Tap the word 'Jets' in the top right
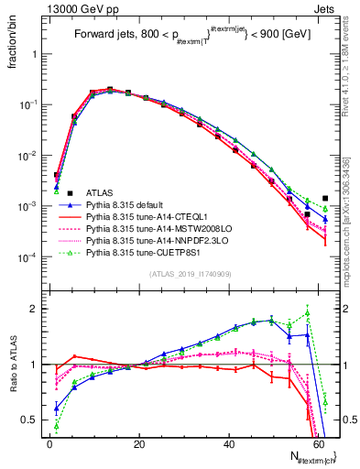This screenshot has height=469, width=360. click(327, 8)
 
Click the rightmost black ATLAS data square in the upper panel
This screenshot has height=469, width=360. click(325, 198)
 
